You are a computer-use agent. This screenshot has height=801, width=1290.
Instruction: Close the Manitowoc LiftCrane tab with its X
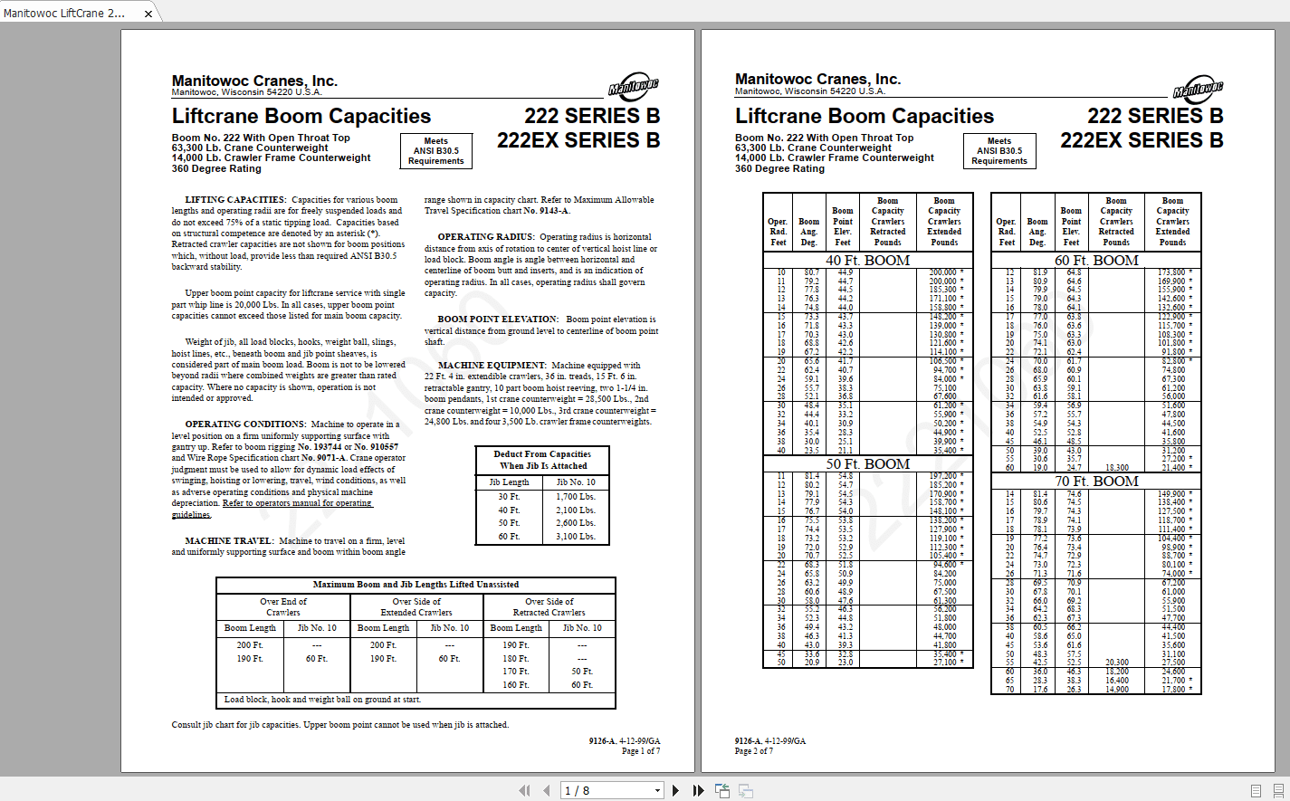148,14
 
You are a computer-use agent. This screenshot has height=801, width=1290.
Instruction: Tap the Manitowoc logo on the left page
634,87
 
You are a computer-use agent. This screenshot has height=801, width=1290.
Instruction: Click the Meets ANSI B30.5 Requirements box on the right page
999,151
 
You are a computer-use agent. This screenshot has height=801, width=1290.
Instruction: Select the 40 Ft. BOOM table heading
867,261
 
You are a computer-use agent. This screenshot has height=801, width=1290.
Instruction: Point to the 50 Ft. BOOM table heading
867,464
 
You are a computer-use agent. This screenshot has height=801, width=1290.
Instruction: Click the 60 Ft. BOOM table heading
1096,261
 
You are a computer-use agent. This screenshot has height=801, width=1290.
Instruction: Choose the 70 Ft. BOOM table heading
1096,482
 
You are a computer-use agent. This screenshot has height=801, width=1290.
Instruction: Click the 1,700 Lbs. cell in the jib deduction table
576,497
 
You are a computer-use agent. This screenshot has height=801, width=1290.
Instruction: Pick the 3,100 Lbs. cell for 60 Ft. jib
576,537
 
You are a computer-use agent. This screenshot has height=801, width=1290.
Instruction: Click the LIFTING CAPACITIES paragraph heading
234,200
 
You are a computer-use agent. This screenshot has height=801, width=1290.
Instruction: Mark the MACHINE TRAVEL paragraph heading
228,541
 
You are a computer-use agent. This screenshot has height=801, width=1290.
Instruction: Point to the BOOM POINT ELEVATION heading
498,319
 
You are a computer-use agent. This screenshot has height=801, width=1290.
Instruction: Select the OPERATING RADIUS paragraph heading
485,237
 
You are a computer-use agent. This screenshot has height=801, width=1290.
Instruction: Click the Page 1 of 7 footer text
640,751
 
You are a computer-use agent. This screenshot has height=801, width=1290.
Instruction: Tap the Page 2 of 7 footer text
753,751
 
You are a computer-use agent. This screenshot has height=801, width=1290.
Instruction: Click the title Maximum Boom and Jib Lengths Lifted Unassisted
416,585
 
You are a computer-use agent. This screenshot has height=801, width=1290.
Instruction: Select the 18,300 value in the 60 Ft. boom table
1116,468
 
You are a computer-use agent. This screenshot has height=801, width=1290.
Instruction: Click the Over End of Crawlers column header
282,606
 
